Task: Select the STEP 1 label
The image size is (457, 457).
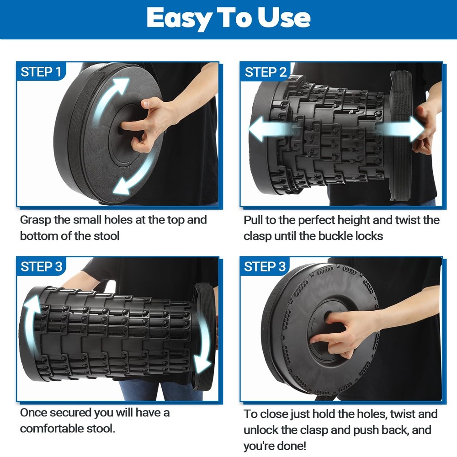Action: coord(41,72)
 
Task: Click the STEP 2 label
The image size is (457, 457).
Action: coord(266,72)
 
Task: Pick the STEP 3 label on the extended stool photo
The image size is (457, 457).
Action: coord(42,266)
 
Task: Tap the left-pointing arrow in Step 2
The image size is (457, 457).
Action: coord(270,128)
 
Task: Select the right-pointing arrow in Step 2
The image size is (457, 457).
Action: coord(401,128)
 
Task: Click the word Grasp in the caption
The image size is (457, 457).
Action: coord(35,220)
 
